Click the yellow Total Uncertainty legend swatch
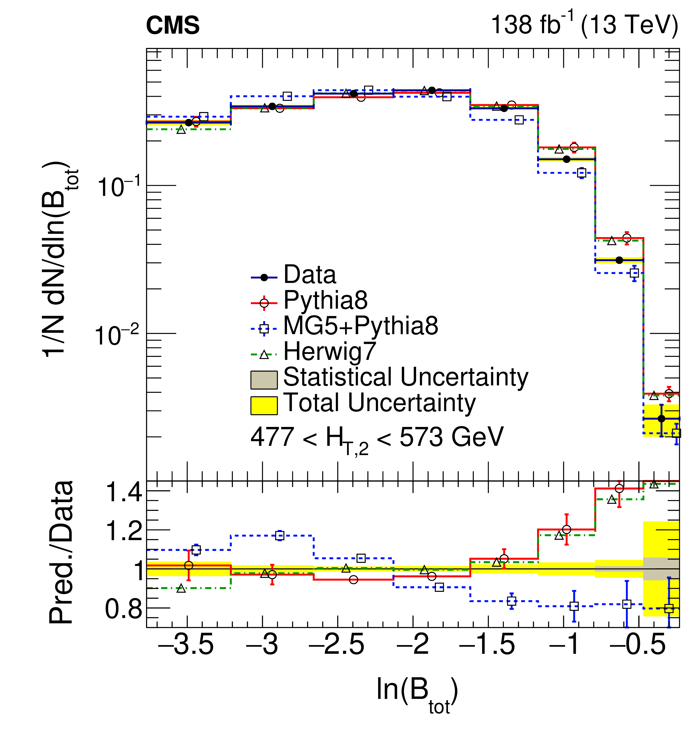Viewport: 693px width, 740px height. click(264, 405)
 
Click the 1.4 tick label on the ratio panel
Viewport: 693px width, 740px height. click(124, 492)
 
